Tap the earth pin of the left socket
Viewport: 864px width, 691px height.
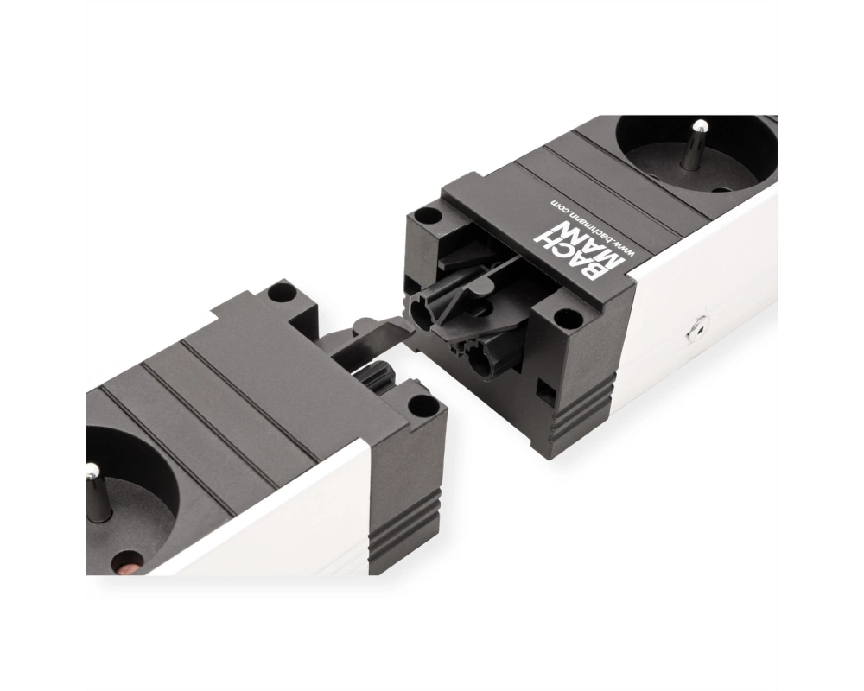click(x=99, y=492)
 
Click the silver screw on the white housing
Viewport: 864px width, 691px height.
click(x=696, y=329)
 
